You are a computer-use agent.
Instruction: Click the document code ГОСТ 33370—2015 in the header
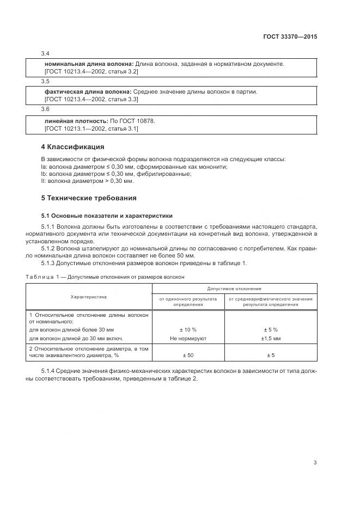coord(290,37)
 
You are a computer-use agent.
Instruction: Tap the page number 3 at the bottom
coord(315,463)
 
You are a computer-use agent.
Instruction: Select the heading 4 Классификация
coord(72,147)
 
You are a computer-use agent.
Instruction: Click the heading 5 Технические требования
coord(89,198)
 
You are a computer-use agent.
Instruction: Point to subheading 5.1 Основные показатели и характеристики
coord(107,215)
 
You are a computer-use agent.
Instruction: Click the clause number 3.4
coord(45,54)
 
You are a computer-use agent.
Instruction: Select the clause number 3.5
coord(45,82)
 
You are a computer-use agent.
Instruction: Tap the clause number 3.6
coord(45,109)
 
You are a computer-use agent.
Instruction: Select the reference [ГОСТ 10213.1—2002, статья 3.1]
coord(91,128)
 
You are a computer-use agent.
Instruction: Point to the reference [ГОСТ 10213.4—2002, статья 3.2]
coord(91,71)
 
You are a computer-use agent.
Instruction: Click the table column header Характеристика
coord(89,297)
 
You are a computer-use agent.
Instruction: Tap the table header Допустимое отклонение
coord(234,288)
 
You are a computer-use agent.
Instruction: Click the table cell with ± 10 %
coord(187,330)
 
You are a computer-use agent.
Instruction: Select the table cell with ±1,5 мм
coord(270,338)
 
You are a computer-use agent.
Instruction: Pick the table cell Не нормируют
coord(187,338)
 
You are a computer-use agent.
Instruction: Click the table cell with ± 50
coord(187,355)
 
